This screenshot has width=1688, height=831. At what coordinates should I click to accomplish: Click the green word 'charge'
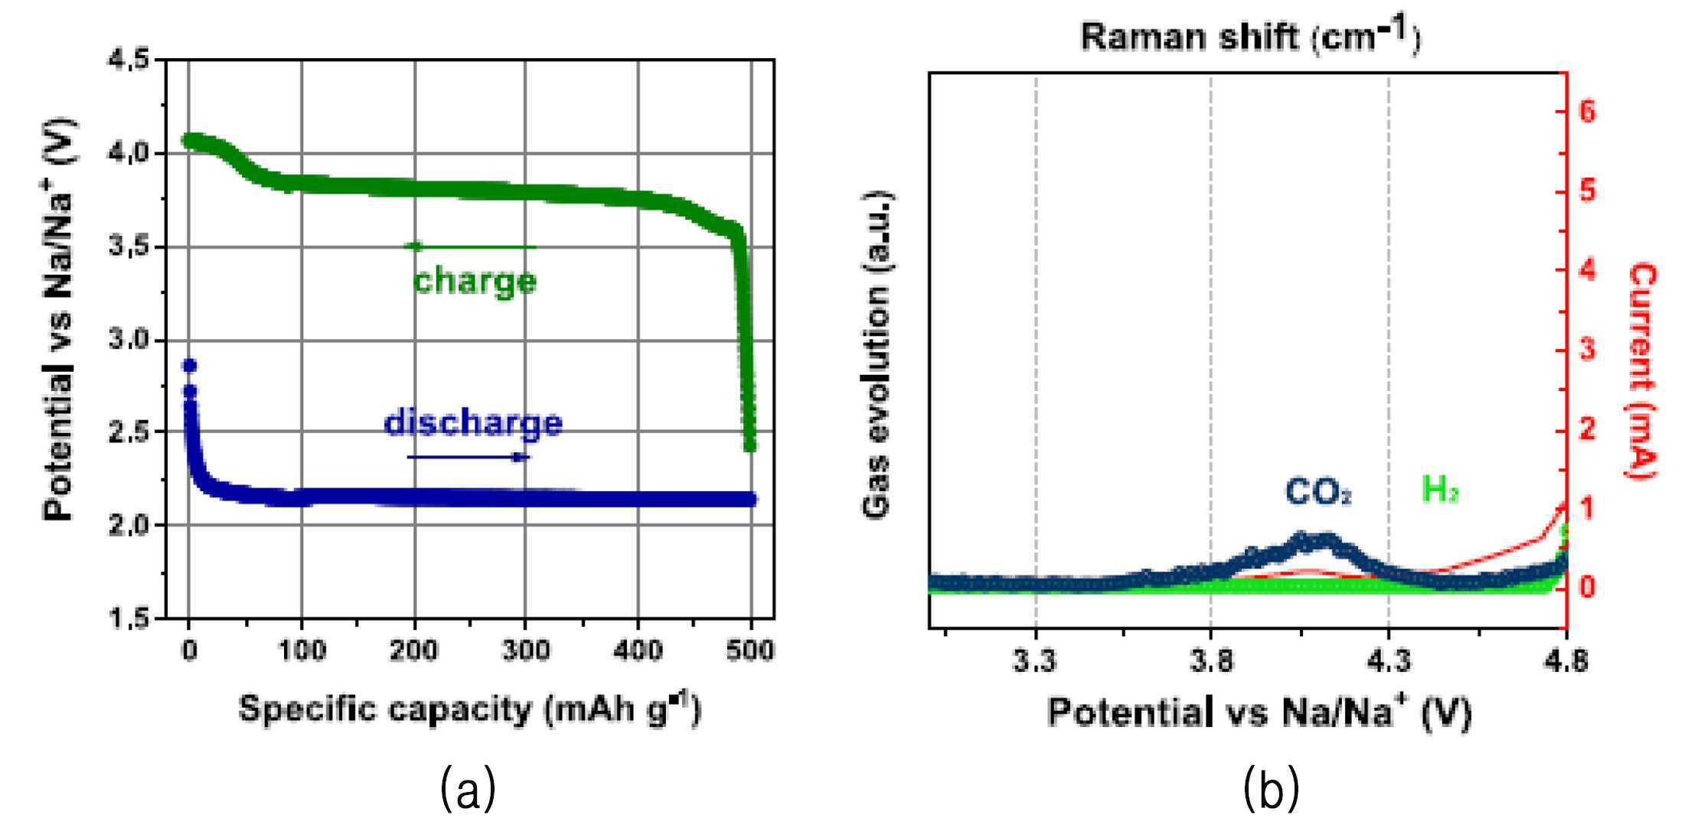475,282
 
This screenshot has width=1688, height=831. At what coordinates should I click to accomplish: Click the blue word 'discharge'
473,423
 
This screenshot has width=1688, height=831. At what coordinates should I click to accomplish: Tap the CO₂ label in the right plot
1318,492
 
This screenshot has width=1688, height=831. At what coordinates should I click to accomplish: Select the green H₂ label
1440,490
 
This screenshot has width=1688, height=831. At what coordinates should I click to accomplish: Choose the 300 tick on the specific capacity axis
527,651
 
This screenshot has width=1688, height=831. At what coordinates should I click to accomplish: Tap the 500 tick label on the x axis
750,651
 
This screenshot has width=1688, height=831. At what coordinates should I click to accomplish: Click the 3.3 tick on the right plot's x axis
1035,660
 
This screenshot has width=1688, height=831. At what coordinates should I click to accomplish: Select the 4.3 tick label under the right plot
1389,660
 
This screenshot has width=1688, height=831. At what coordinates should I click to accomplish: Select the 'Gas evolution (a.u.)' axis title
878,355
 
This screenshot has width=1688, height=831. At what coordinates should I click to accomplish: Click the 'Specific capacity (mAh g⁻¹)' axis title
470,710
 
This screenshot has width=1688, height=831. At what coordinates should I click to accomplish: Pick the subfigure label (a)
469,790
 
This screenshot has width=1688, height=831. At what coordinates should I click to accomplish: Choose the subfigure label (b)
1272,790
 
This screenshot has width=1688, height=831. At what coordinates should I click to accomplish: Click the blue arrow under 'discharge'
468,458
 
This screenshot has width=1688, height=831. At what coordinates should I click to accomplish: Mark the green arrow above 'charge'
471,246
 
